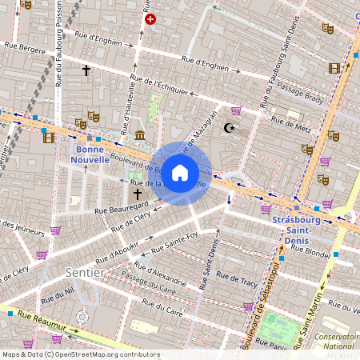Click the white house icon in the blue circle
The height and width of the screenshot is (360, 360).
coord(180,172)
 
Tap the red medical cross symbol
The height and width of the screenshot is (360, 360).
coord(150,18)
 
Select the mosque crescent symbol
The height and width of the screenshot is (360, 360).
coord(230,127)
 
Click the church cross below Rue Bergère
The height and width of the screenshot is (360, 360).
coord(86,70)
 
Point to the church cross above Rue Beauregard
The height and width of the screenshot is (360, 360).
coord(137,194)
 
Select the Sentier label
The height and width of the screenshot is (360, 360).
coord(84,272)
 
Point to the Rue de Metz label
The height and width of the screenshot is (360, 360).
coord(291,122)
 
